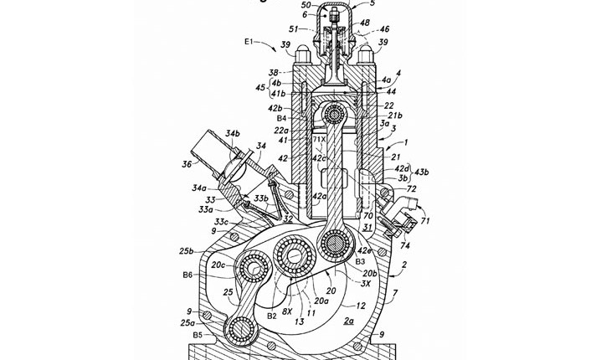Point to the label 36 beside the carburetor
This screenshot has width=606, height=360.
187,164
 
